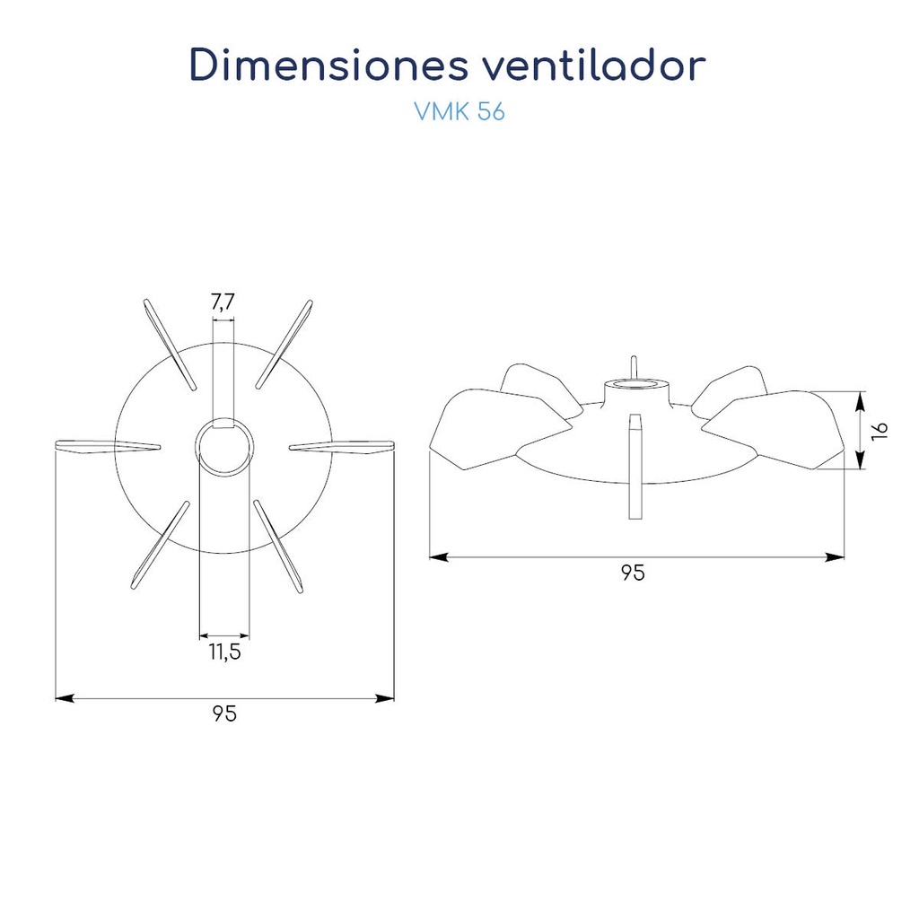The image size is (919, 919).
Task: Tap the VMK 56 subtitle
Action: click(459, 112)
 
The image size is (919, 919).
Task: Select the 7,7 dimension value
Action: click(223, 303)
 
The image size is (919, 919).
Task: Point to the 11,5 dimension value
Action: click(225, 652)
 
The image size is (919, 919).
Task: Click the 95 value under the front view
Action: click(225, 714)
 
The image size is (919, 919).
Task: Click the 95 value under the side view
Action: click(634, 573)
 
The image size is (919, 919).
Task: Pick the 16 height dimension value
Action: click(881, 429)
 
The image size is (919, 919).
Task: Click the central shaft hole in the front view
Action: click(224, 446)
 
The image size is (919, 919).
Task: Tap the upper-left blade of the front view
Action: click(170, 344)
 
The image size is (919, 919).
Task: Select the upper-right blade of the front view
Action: click(284, 343)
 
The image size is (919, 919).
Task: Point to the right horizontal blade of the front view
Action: click(343, 446)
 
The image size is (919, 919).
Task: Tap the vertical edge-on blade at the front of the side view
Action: click(636, 467)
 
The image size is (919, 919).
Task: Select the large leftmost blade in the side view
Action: click(476, 429)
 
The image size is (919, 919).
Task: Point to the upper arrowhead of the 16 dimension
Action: click(860, 397)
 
